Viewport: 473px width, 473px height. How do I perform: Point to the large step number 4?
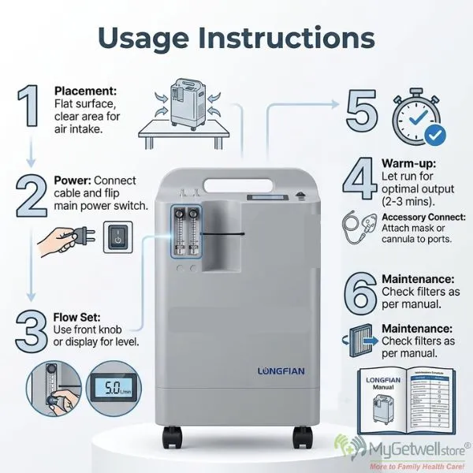[x=361, y=181]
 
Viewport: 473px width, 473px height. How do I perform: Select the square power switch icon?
[x=118, y=236]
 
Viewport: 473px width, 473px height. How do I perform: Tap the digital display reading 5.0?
[x=108, y=389]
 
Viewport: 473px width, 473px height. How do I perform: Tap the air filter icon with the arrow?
[x=359, y=341]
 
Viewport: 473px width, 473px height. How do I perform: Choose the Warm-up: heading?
[x=408, y=162]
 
